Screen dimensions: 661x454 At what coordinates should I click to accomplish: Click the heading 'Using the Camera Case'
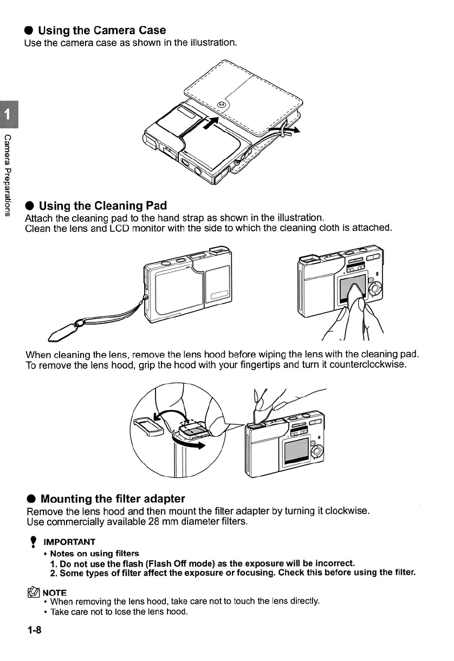point(102,30)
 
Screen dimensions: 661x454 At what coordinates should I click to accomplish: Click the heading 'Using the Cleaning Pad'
point(103,206)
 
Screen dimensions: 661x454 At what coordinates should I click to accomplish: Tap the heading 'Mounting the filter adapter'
point(113,498)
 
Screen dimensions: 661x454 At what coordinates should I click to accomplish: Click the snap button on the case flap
point(221,105)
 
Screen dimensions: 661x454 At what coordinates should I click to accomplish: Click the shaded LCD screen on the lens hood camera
point(296,449)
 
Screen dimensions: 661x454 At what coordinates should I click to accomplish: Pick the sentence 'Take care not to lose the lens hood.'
point(119,612)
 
